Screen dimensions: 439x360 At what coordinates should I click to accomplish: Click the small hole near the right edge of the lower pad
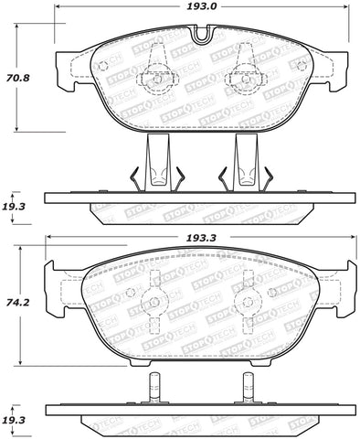pyautogui.click(x=298, y=299)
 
